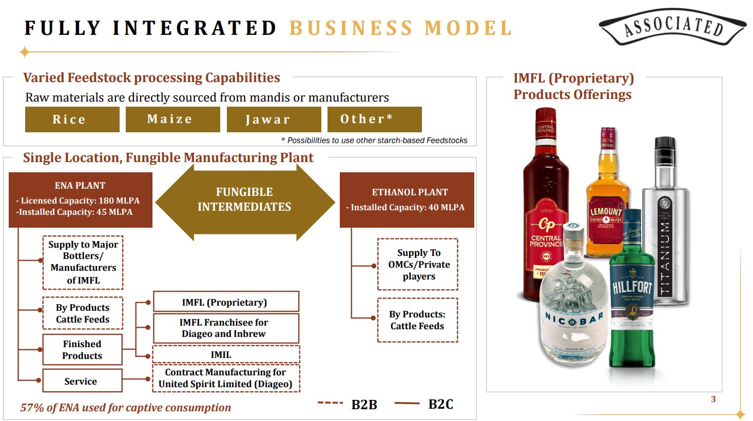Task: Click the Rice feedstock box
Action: [x=72, y=119]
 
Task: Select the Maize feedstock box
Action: [x=172, y=119]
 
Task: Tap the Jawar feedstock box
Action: [x=274, y=119]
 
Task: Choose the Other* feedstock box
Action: [x=374, y=119]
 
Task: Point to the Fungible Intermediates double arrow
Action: [x=244, y=200]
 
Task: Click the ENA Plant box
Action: [x=81, y=199]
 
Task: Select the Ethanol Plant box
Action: [x=407, y=199]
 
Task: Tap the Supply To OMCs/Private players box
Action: [x=418, y=264]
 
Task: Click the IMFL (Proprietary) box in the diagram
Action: [x=226, y=302]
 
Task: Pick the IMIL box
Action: [x=226, y=354]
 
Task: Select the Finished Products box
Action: [x=82, y=350]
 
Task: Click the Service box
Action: [x=82, y=381]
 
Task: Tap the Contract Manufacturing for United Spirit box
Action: [x=226, y=378]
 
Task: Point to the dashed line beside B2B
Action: [x=330, y=403]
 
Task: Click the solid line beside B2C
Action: [x=407, y=404]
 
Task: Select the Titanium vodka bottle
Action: [x=665, y=226]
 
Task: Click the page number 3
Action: [x=713, y=399]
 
